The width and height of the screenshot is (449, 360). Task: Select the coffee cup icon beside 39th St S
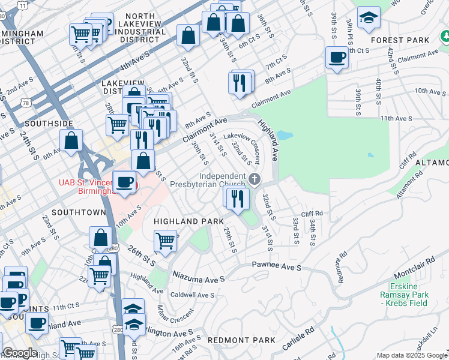tap(337, 58)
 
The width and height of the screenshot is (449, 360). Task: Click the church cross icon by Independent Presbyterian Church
tap(255, 179)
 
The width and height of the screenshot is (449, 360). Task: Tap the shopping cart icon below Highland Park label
tap(165, 241)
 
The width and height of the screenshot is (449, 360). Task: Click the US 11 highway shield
tap(22, 5)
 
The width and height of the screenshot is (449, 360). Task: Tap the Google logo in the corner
tap(19, 353)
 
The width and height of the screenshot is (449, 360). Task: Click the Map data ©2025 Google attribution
tap(412, 355)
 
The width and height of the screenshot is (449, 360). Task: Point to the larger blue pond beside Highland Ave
tap(284, 135)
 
